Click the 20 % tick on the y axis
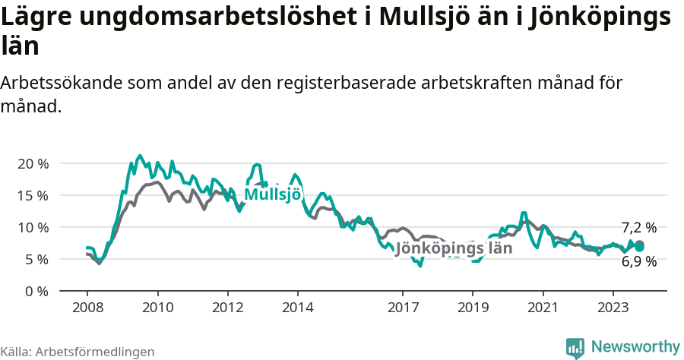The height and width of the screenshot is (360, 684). pos(33,163)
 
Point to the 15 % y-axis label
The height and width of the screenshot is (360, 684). pos(33,195)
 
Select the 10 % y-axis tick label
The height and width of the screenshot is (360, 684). pos(33,227)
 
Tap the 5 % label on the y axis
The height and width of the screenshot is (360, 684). pos(36,259)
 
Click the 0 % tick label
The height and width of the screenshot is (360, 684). pos(36,291)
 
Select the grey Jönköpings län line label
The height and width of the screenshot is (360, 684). pos(454,248)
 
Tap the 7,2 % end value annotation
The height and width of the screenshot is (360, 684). pos(638,227)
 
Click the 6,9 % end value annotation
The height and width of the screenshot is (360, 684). pos(638,262)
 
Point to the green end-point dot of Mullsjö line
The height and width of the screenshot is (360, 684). pos(640,247)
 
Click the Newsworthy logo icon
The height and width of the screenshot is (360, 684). pos(575,347)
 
